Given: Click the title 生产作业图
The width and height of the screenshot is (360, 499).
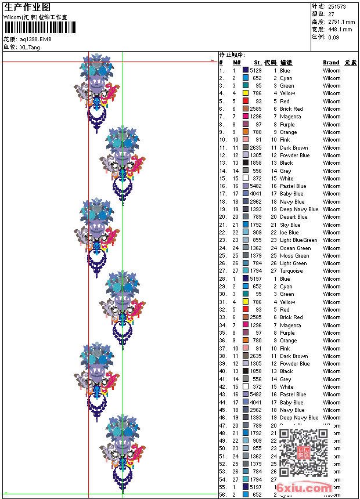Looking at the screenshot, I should point(27,7).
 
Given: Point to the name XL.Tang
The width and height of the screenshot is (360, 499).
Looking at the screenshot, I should point(30,47).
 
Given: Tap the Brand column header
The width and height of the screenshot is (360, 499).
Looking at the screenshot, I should point(331,63).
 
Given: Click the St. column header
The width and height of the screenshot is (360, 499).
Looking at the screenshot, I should point(258,63).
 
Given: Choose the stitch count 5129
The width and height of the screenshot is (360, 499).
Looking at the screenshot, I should point(256,70).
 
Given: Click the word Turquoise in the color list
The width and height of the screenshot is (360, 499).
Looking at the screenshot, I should point(291,271).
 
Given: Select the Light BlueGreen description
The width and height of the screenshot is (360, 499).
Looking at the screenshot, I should point(298,240).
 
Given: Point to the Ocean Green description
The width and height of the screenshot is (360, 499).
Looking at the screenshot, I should point(295,248).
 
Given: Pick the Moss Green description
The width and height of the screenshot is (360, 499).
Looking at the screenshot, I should point(294,255).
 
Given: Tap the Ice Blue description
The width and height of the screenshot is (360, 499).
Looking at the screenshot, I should point(289,233).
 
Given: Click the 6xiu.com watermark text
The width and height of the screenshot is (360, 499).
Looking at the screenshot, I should point(304,489).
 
